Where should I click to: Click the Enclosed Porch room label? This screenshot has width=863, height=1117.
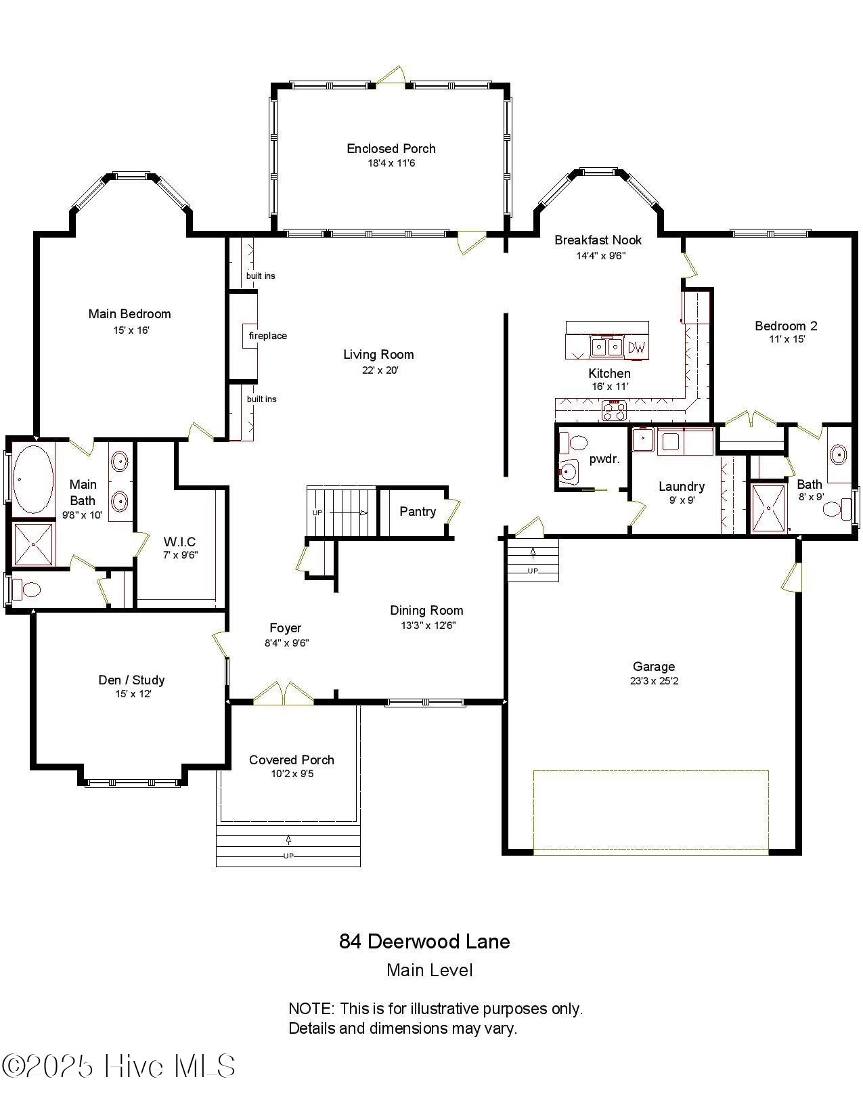click(x=391, y=148)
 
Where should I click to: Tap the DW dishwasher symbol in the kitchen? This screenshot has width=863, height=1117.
click(x=636, y=348)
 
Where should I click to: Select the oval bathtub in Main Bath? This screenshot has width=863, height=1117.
click(x=32, y=479)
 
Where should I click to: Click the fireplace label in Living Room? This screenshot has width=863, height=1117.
click(x=267, y=336)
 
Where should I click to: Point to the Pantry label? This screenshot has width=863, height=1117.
click(x=417, y=511)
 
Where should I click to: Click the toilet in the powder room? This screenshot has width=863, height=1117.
click(x=577, y=444)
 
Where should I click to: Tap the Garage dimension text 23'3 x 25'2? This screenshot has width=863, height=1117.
click(x=654, y=681)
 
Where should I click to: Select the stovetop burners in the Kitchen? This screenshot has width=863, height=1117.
click(x=615, y=410)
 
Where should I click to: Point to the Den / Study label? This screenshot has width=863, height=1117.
click(x=131, y=680)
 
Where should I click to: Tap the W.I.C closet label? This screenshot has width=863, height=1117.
click(x=179, y=542)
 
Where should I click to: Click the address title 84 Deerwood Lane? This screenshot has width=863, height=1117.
click(x=424, y=941)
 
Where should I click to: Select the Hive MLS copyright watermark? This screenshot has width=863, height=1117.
click(x=118, y=1066)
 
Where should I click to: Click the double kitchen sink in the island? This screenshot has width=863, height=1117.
click(x=607, y=347)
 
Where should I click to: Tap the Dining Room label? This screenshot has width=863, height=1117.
click(x=426, y=610)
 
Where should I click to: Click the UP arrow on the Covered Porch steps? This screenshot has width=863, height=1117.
click(x=288, y=840)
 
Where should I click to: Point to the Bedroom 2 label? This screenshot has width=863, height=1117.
click(x=786, y=326)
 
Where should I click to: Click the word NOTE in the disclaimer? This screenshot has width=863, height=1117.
click(x=311, y=1009)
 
